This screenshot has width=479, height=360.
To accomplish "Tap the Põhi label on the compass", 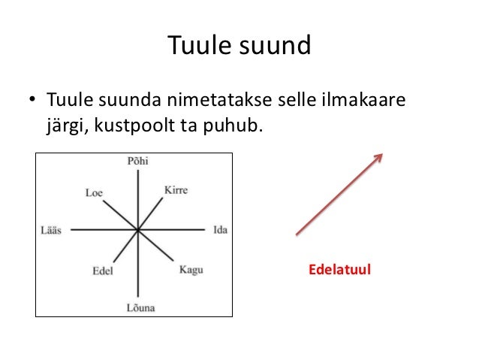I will [138, 160].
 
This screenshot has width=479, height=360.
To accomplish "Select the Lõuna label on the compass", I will [139, 307].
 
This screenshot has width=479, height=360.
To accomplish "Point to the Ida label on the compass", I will [220, 229].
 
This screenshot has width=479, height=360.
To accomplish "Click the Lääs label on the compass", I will [52, 230].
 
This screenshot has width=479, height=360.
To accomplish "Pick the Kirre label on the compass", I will [176, 190].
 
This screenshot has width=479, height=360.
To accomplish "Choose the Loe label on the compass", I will [93, 192].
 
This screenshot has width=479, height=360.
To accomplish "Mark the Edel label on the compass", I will [102, 271].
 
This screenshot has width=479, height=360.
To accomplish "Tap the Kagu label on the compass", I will [191, 269].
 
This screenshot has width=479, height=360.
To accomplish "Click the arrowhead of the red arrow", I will [379, 157].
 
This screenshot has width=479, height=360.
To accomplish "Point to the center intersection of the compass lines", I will [138, 230].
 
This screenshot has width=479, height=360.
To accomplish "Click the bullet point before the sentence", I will [33, 100].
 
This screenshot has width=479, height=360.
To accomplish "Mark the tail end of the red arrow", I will [297, 234].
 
